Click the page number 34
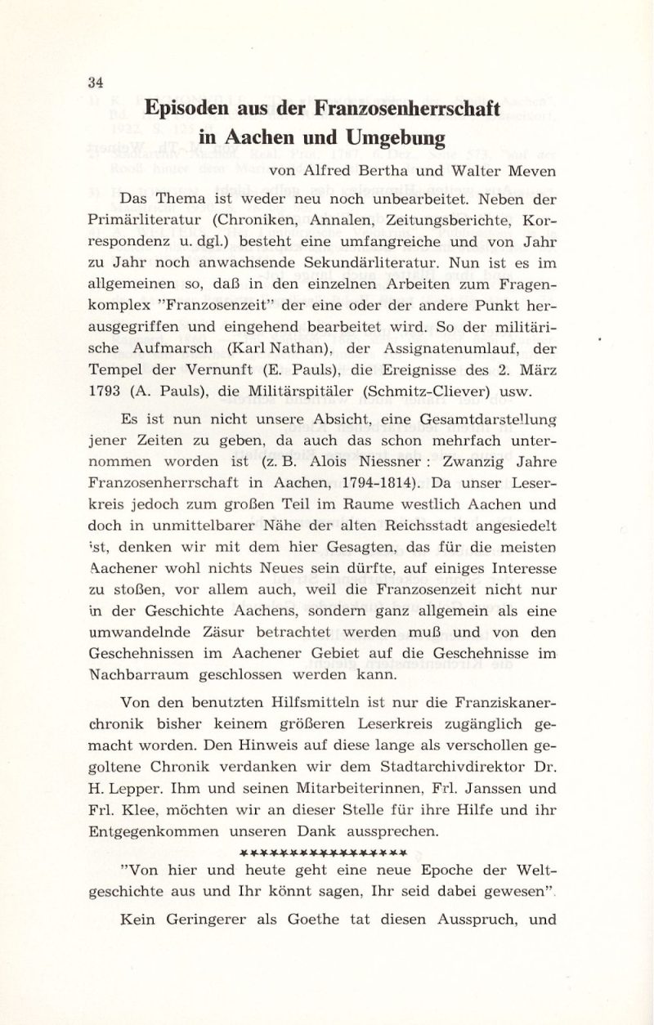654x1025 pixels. coord(96,82)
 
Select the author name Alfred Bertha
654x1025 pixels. coord(349,172)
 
